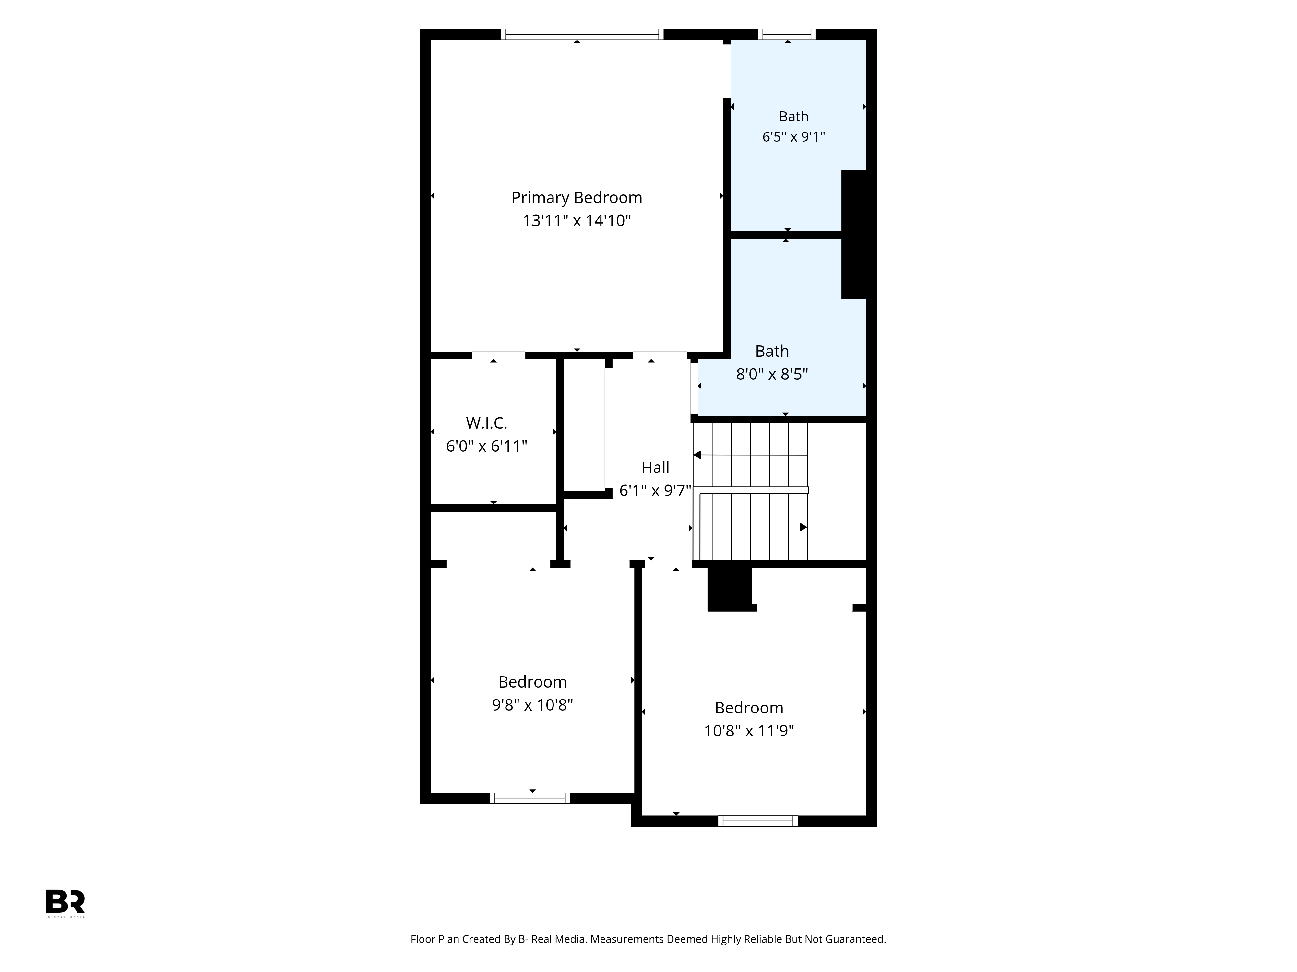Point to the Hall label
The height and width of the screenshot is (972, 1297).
pyautogui.click(x=655, y=468)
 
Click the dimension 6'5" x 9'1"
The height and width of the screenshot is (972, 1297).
pyautogui.click(x=793, y=136)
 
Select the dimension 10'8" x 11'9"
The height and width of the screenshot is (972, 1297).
pyautogui.click(x=749, y=731)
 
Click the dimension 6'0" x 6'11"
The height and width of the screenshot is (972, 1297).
pyautogui.click(x=487, y=446)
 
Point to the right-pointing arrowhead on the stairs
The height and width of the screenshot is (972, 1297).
pyautogui.click(x=804, y=527)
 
